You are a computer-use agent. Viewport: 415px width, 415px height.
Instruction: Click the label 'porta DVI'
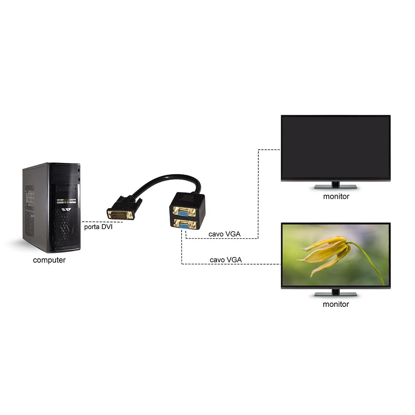[98, 227]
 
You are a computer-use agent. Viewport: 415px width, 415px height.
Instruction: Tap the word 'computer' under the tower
[49, 260]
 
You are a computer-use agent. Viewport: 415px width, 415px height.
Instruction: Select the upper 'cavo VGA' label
[224, 234]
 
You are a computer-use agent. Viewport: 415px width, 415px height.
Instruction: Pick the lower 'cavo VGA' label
[225, 260]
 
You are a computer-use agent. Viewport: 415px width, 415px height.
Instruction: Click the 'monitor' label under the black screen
[336, 196]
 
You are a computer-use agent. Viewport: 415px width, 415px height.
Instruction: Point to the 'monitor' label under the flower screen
[336, 304]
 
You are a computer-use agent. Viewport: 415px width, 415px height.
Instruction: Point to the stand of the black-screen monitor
[335, 185]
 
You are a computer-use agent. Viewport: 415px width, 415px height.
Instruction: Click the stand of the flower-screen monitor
[335, 293]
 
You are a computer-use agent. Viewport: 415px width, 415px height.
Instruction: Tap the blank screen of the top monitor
[335, 147]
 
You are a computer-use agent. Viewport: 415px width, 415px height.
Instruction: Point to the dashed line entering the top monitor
[270, 150]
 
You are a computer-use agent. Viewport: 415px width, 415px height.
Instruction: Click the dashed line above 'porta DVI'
[93, 222]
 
